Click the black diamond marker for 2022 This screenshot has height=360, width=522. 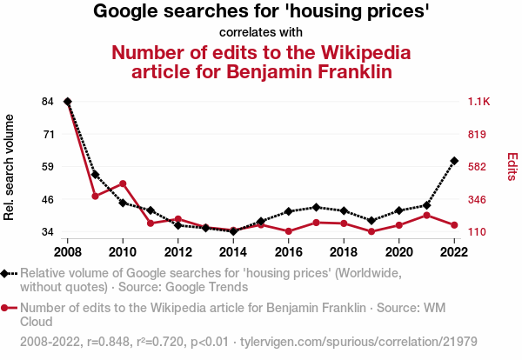[454, 161]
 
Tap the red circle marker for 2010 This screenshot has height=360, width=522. [123, 183]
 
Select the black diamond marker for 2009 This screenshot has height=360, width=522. [95, 175]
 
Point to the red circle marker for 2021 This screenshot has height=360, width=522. [426, 215]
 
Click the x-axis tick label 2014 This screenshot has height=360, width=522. [233, 252]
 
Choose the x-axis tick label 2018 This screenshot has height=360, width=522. [344, 252]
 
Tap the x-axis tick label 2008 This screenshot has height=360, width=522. [68, 252]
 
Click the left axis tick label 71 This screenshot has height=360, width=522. [48, 134]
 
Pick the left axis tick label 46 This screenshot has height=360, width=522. [48, 199]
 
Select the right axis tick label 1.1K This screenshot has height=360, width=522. [481, 102]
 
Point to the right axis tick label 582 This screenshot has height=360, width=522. [479, 167]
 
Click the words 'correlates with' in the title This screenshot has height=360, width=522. [261, 33]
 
